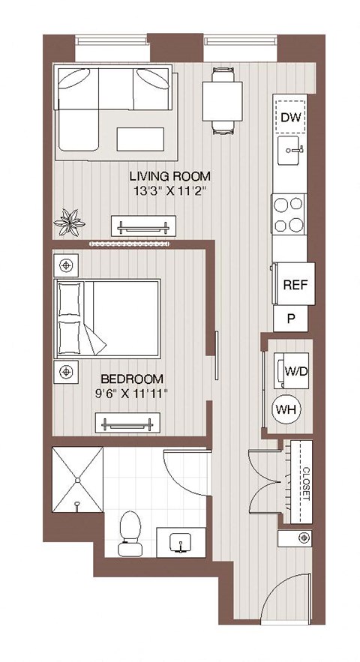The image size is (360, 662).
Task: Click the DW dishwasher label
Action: point(289,116)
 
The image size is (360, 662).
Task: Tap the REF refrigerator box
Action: point(292,285)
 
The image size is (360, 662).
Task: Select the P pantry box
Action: point(292,319)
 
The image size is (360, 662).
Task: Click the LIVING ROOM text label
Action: point(169,176)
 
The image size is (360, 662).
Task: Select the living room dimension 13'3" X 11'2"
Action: point(169,191)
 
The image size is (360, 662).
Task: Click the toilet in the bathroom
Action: point(131,533)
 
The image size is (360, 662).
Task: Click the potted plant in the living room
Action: point(73,221)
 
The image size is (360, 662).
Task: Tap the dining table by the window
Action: point(222,100)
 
